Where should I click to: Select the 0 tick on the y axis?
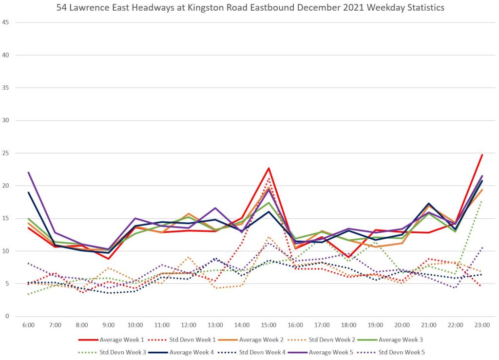(7, 316)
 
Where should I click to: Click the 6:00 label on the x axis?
(28, 324)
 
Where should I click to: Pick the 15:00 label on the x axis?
(269, 324)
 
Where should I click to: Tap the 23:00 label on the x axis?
(482, 324)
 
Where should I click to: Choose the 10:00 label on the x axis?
(135, 324)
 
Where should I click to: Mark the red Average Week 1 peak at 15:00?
(269, 168)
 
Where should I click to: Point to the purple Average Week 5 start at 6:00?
(28, 172)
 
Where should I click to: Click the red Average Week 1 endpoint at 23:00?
(482, 155)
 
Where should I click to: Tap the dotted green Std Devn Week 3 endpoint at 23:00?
(482, 200)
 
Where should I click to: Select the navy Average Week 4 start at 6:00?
(28, 192)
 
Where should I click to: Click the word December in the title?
(326, 8)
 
